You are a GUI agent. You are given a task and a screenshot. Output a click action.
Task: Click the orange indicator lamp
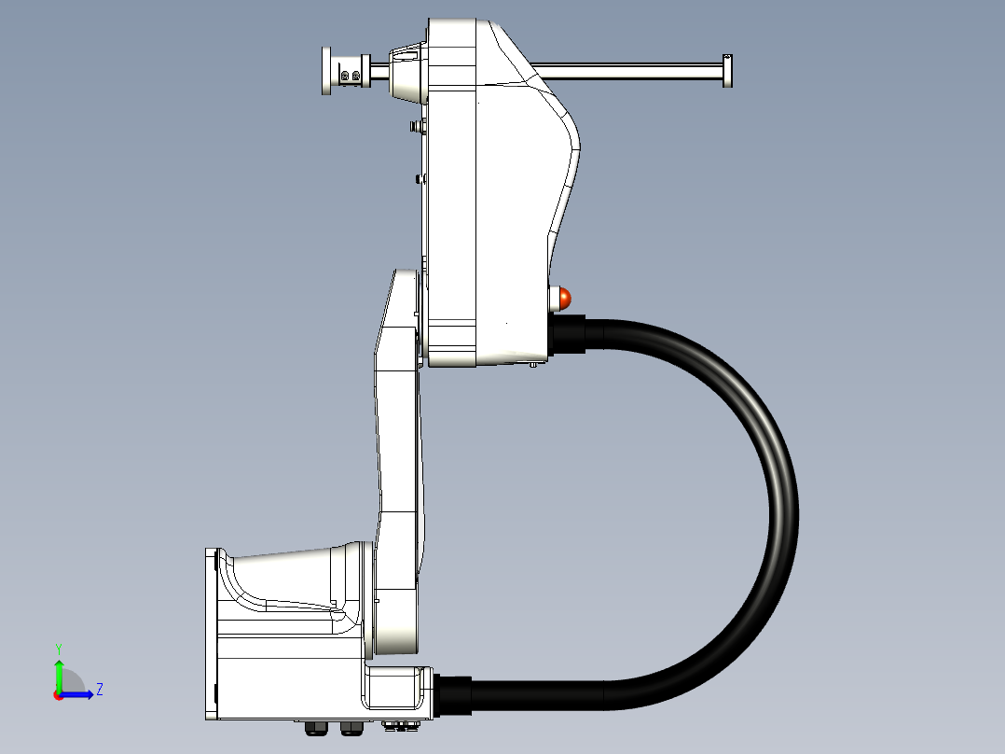click(564, 299)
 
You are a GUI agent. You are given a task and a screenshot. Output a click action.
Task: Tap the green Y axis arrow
click(59, 674)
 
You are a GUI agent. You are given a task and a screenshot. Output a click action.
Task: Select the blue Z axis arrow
click(76, 694)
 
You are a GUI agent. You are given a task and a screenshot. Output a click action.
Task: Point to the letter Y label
click(59, 649)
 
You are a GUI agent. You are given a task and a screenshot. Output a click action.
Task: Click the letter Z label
click(100, 690)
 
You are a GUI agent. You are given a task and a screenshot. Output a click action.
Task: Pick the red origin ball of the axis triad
click(59, 695)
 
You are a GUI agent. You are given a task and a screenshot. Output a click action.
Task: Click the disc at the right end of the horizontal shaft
click(727, 71)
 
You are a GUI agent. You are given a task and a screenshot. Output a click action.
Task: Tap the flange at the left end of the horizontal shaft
click(327, 71)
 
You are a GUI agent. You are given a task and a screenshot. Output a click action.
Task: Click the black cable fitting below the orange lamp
click(567, 334)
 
